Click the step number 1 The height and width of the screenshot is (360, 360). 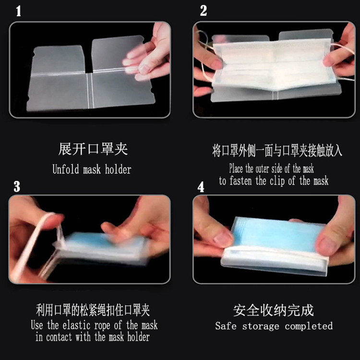[x=19, y=11]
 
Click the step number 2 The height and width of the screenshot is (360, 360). [x=204, y=11]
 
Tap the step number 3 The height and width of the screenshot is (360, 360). [x=17, y=186]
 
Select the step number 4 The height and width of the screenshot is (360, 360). [x=201, y=187]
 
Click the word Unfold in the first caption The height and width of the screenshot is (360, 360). [x=66, y=169]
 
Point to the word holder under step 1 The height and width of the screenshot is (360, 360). [x=118, y=169]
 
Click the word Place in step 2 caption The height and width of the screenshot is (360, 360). [x=236, y=168]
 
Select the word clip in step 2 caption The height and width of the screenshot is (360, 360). [x=277, y=181]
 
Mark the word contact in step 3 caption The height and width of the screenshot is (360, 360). [x=59, y=337]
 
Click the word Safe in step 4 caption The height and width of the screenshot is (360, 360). [x=226, y=326]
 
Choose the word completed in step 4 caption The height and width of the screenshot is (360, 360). [x=309, y=326]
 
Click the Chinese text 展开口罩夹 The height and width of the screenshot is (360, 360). [x=93, y=149]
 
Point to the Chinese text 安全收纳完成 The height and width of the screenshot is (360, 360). [x=274, y=311]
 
